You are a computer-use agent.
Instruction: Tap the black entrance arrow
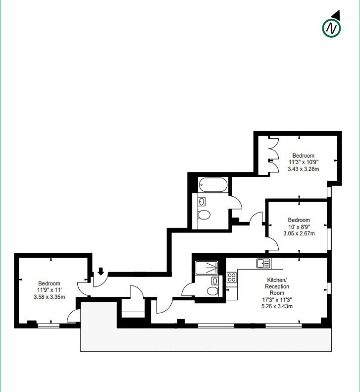101,271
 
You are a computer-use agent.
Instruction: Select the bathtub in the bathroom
213,186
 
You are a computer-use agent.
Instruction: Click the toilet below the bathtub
204,215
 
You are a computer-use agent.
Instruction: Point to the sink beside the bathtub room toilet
202,201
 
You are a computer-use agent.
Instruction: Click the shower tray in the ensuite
206,268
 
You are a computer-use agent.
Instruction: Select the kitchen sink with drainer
263,263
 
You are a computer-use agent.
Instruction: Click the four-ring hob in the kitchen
232,278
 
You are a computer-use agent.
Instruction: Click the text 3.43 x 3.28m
304,168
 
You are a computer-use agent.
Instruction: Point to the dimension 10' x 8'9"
300,226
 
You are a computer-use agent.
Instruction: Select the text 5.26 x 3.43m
277,306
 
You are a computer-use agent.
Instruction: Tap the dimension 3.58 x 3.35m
49,297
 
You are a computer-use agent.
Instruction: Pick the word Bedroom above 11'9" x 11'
49,283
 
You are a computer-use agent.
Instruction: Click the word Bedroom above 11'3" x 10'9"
303,155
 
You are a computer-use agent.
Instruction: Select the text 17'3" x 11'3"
277,299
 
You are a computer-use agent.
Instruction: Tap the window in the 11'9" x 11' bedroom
49,326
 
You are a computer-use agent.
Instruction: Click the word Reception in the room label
277,286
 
